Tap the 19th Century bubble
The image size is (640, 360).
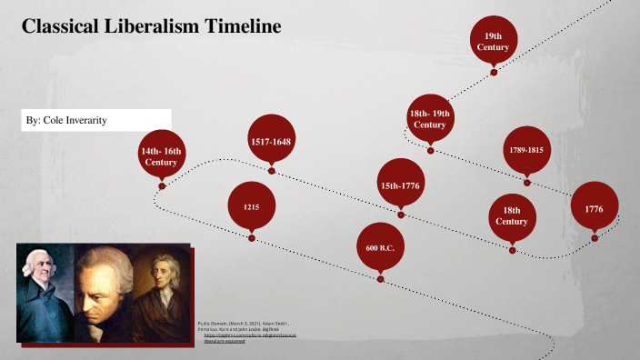494,40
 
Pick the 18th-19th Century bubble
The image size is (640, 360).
430,118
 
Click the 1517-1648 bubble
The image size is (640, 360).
271,141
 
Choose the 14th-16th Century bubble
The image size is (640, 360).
162,155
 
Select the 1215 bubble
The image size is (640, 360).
252,207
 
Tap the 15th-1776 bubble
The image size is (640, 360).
401,186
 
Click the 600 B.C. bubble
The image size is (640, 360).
380,247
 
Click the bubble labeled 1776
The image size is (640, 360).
595,208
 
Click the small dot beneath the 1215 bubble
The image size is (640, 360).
252,239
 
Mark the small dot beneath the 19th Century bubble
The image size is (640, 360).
494,71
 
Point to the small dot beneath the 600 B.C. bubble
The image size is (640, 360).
380,279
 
